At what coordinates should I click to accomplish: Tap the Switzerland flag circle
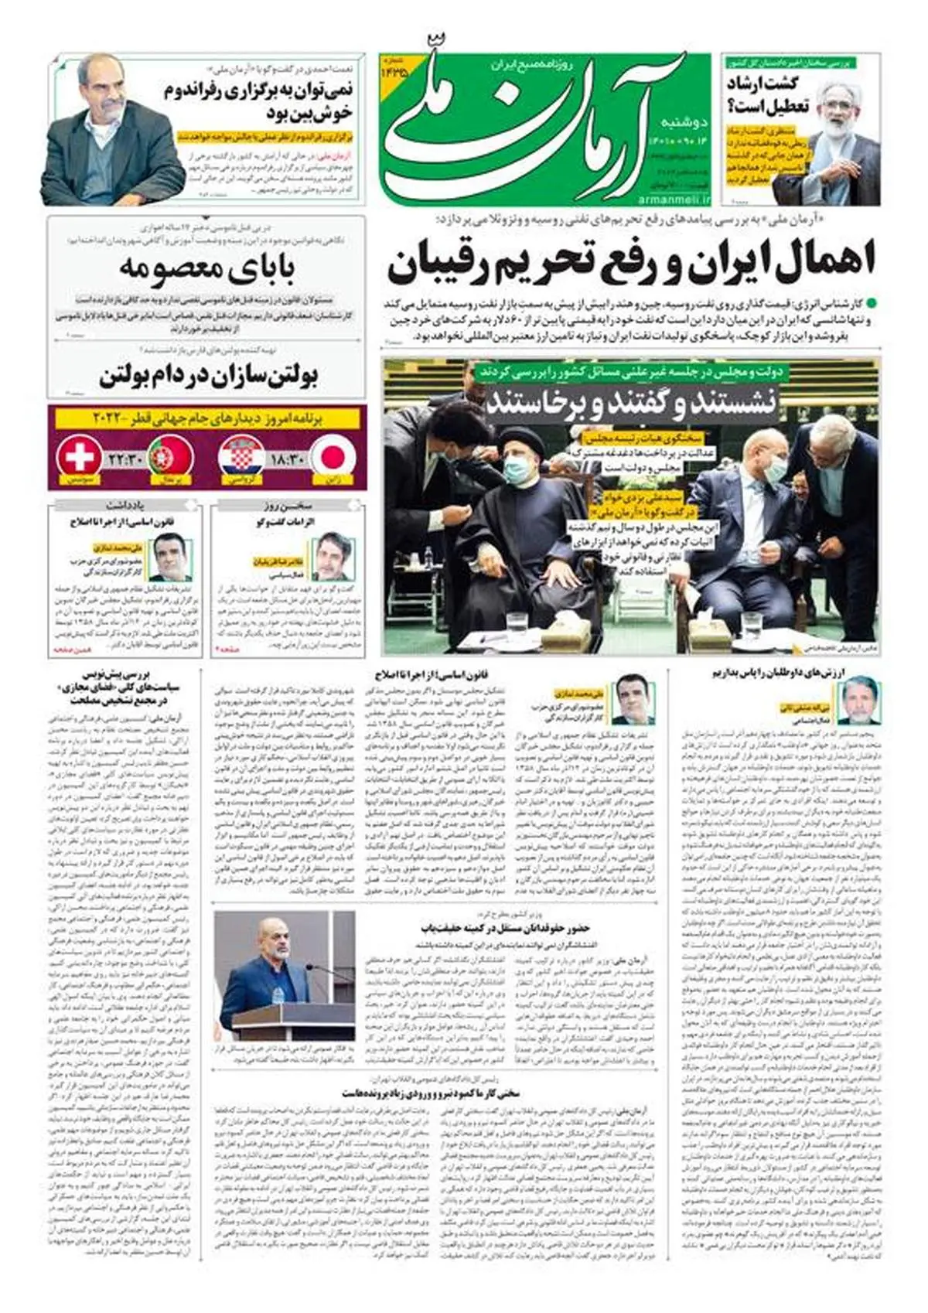point(80,456)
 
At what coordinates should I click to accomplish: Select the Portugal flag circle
point(171,456)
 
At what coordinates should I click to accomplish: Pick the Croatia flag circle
point(243,456)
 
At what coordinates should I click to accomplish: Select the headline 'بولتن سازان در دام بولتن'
point(209,377)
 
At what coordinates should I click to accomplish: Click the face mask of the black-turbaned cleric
point(517,467)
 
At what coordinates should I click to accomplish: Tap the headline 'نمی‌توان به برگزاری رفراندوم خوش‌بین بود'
point(259,101)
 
